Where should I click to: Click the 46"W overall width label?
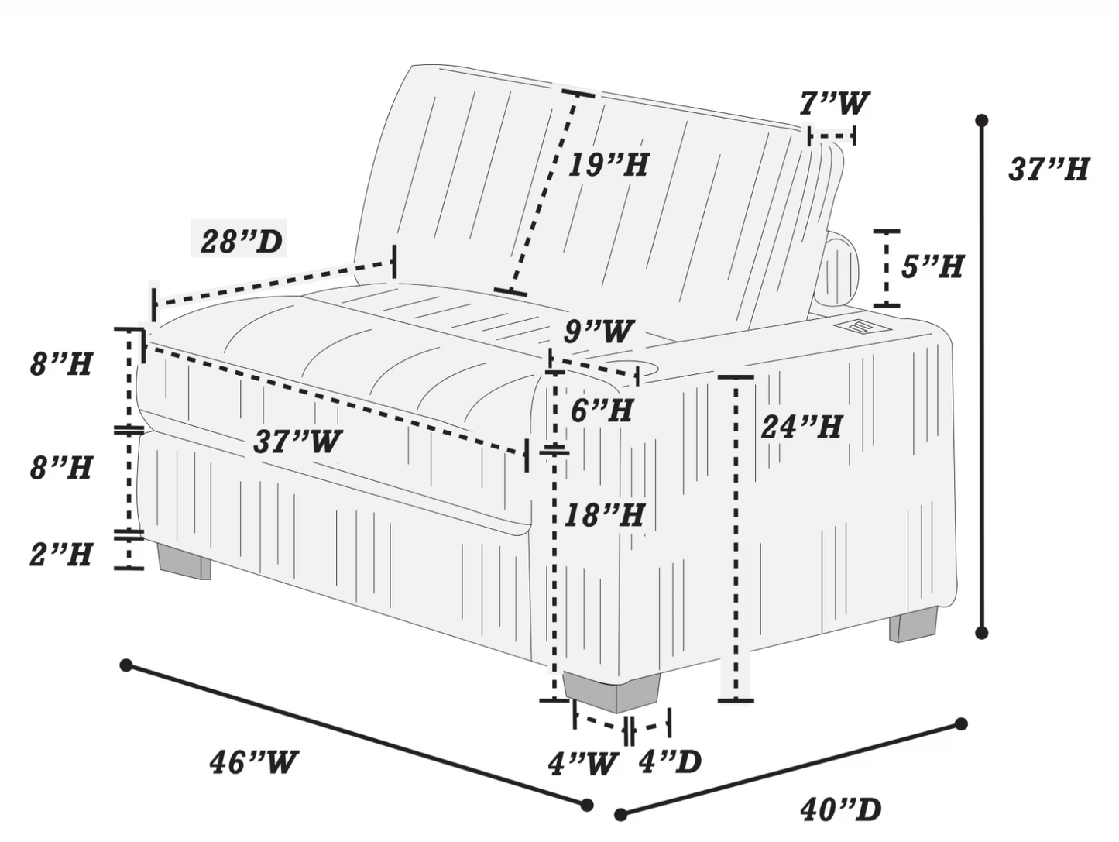253,763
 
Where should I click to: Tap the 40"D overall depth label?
840,809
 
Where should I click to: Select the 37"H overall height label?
1049,169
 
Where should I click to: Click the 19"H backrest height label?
608,165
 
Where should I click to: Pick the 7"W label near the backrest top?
833,103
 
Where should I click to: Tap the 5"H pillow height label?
932,266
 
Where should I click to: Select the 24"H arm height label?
801,427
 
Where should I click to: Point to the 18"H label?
605,515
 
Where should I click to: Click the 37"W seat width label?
297,441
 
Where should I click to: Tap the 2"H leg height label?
61,554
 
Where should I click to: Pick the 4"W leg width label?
582,764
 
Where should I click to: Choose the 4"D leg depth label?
671,761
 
